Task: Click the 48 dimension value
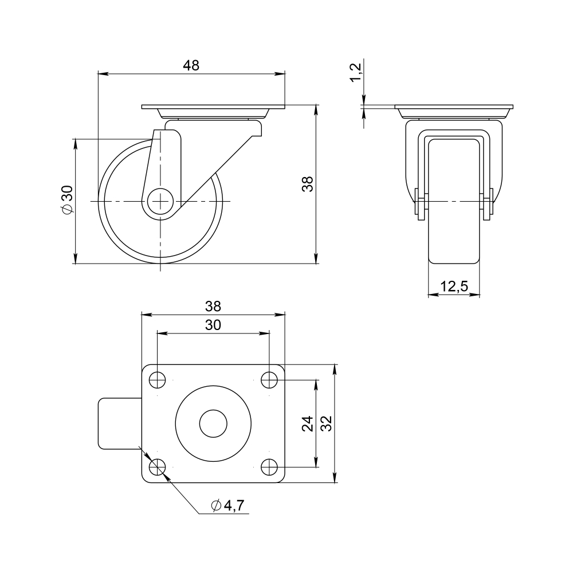click(x=191, y=65)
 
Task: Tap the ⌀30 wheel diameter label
click(x=68, y=199)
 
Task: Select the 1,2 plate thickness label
click(x=356, y=72)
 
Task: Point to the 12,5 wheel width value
click(x=454, y=286)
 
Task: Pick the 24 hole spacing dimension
click(x=308, y=423)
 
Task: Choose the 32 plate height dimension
click(x=327, y=423)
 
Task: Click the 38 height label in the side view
click(x=308, y=184)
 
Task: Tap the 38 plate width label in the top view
click(x=213, y=306)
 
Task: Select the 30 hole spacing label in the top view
click(x=213, y=324)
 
